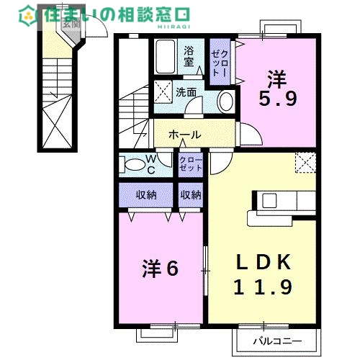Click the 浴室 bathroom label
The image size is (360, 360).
pyautogui.click(x=189, y=57)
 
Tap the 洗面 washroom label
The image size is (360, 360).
pyautogui.click(x=186, y=92)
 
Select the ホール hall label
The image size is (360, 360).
pyautogui.click(x=185, y=135)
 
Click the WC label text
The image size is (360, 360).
pyautogui.click(x=152, y=165)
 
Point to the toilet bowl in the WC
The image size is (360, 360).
pyautogui.click(x=134, y=165)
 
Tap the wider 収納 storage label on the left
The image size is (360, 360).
pyautogui.click(x=146, y=194)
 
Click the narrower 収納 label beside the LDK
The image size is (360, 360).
pyautogui.click(x=191, y=194)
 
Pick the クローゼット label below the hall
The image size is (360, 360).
pyautogui.click(x=191, y=163)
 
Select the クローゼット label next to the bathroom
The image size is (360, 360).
pyautogui.click(x=220, y=60)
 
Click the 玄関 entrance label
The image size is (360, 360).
pyautogui.click(x=71, y=24)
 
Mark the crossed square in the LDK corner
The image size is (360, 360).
pyautogui.click(x=305, y=163)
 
